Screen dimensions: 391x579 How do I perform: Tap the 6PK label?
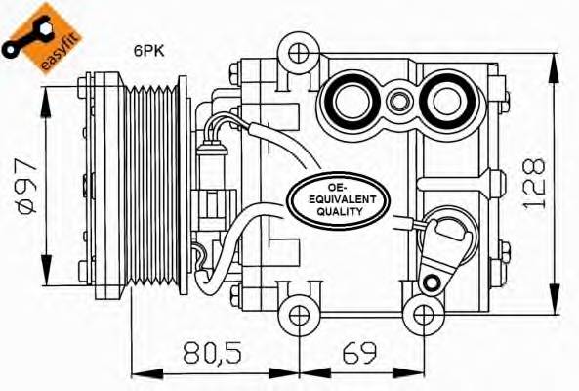click(x=148, y=51)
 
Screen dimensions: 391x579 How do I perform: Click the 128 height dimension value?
click(x=533, y=183)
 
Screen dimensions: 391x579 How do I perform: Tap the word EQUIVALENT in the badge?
click(x=338, y=197)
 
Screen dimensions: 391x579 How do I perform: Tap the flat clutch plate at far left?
click(x=96, y=186)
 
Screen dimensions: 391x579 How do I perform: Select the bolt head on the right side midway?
click(x=497, y=182)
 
